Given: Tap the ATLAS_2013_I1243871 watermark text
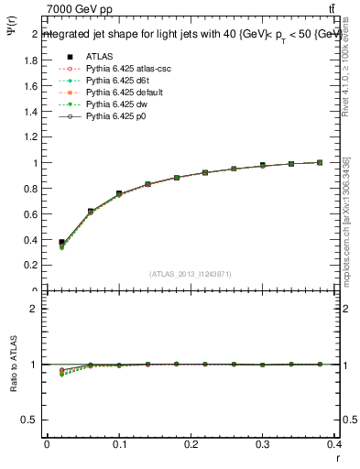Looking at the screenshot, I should click(x=191, y=274).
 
